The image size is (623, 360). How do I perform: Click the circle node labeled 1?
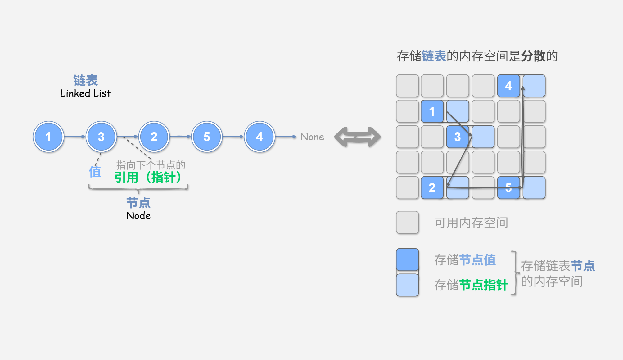48,137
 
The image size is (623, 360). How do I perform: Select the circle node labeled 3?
101,137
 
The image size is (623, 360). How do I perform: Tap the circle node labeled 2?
154,137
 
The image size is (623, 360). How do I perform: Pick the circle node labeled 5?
207,137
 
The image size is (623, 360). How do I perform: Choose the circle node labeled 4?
260,137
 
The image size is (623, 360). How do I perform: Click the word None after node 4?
312,137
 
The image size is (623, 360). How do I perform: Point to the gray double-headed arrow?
357,137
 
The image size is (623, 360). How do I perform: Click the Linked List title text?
85,93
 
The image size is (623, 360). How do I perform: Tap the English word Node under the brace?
138,215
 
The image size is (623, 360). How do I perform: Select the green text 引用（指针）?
148,178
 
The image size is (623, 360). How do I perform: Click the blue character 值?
95,172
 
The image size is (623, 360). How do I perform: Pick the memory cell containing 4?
508,86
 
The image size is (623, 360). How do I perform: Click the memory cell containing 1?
432,111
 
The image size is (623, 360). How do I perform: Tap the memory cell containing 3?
458,137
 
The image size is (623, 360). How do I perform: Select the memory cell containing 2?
432,187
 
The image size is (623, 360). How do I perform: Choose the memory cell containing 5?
508,187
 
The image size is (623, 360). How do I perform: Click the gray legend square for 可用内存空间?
407,222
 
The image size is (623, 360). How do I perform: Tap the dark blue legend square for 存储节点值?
407,259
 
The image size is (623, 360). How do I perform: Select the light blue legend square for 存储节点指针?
407,285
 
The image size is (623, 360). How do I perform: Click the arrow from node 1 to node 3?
74,137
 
